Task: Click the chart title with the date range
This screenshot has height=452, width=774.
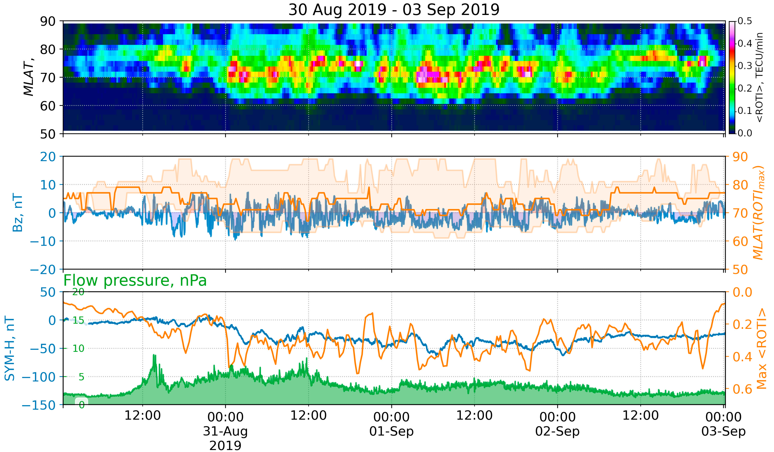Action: pos(394,10)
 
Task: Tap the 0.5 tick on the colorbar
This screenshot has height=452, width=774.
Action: pos(745,21)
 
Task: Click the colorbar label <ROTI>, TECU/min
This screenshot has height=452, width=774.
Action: pos(759,77)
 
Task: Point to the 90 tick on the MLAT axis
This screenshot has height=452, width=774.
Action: pos(48,22)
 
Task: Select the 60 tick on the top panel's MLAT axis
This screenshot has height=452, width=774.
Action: pos(48,106)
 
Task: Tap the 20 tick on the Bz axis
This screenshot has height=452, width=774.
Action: pos(48,157)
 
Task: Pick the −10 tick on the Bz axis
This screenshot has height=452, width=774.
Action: pos(43,241)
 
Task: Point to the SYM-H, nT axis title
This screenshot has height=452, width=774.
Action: pos(10,348)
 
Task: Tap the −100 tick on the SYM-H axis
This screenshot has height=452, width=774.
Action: pos(39,377)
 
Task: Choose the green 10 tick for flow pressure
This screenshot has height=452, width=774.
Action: pos(78,348)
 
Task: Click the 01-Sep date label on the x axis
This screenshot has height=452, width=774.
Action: pos(391,431)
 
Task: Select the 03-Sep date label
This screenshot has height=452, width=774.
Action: pos(723,431)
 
